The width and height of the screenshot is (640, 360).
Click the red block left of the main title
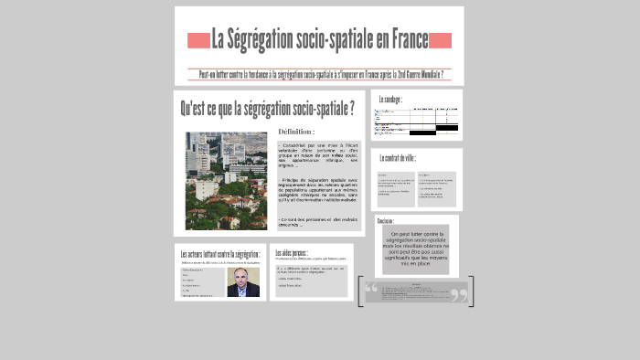198,40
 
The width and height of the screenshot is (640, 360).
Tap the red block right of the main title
441,40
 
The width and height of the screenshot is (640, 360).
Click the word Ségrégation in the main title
259,40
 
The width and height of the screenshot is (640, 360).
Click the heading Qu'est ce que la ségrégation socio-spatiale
267,110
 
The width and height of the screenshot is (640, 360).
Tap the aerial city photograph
226,181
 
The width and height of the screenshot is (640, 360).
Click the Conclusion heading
386,221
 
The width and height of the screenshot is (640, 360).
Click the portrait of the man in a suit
242,283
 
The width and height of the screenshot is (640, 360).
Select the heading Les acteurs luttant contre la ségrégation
220,254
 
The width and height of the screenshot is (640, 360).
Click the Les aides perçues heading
292,252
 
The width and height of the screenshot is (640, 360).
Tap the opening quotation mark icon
371,291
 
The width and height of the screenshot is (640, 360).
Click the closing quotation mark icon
459,293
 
